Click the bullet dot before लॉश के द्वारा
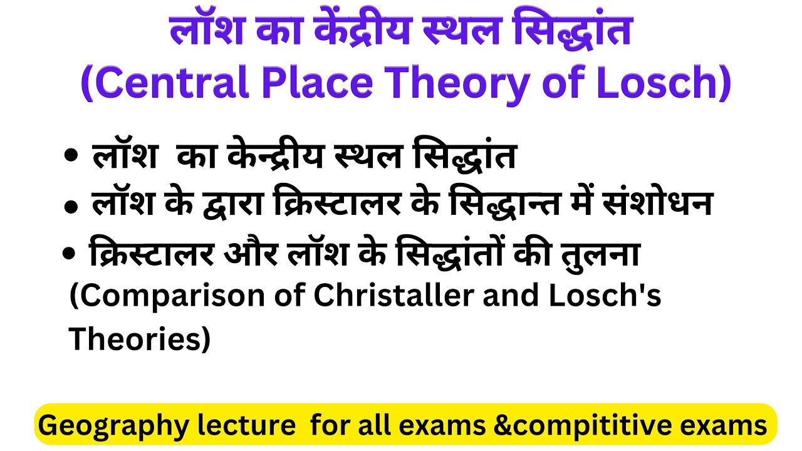70,206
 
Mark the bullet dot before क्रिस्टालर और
68,254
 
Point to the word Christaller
393,296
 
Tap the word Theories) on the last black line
139,340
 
